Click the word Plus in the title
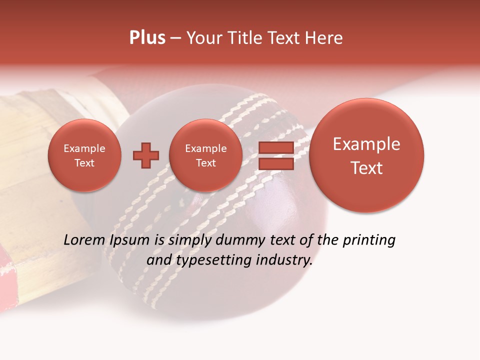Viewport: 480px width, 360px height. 147,38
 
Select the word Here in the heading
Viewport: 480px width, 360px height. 325,38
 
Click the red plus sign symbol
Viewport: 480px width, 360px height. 145,155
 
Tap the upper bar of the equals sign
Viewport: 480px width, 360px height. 276,147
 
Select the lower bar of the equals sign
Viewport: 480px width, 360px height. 276,164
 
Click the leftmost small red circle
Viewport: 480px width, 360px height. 84,155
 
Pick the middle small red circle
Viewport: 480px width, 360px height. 205,155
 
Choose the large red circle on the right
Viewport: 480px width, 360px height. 366,155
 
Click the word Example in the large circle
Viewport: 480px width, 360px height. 366,144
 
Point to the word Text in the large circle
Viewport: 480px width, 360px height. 366,168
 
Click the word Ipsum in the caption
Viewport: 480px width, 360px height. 129,240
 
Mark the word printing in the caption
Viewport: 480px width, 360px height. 368,240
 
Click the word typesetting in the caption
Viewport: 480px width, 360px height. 210,260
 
